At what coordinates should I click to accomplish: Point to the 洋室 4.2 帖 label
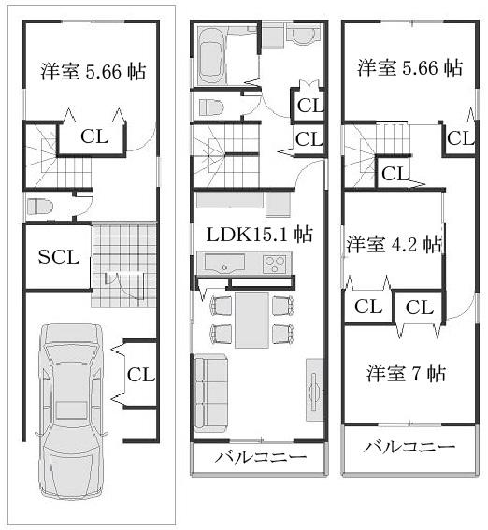pyautogui.click(x=394, y=245)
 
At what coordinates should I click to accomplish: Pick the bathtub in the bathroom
pyautogui.click(x=211, y=57)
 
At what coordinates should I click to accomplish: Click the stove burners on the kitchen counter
pyautogui.click(x=276, y=265)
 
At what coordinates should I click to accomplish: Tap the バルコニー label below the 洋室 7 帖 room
pyautogui.click(x=409, y=447)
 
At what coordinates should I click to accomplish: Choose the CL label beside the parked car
pyautogui.click(x=140, y=375)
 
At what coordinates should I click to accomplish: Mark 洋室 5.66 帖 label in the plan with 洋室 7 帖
pyautogui.click(x=409, y=67)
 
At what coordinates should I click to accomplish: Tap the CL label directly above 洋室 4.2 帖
pyautogui.click(x=395, y=174)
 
